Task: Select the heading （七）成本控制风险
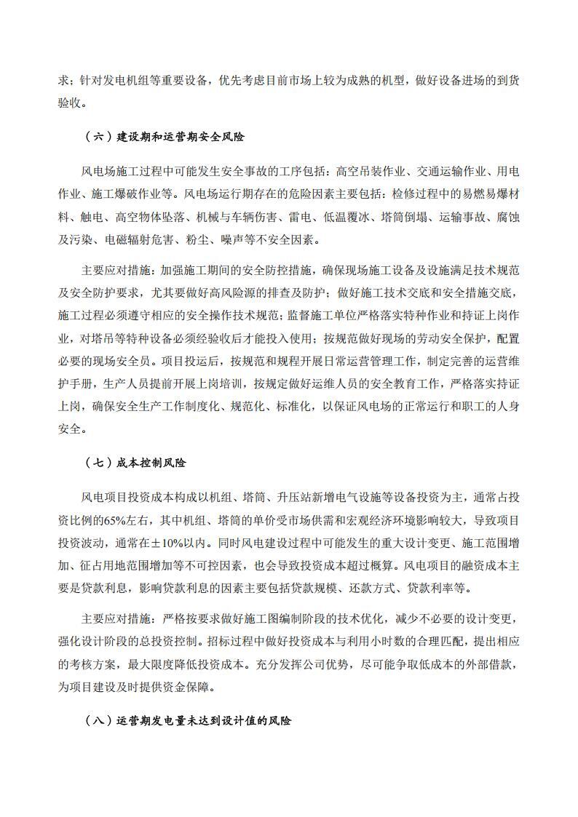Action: click(136, 462)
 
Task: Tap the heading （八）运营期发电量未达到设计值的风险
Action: click(188, 721)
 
